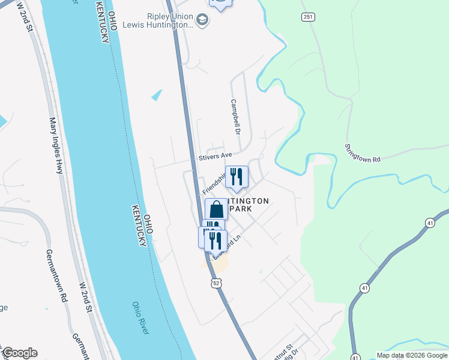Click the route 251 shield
pyautogui.click(x=308, y=17)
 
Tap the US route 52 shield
pyautogui.click(x=216, y=281)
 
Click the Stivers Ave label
pyautogui.click(x=215, y=156)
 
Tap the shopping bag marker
pyautogui.click(x=217, y=209)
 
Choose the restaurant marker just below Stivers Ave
pyautogui.click(x=237, y=176)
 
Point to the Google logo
pyautogui.click(x=20, y=353)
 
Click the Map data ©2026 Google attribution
pyautogui.click(x=412, y=355)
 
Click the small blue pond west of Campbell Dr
pyautogui.click(x=157, y=95)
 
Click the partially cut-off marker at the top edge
pyautogui.click(x=220, y=3)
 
